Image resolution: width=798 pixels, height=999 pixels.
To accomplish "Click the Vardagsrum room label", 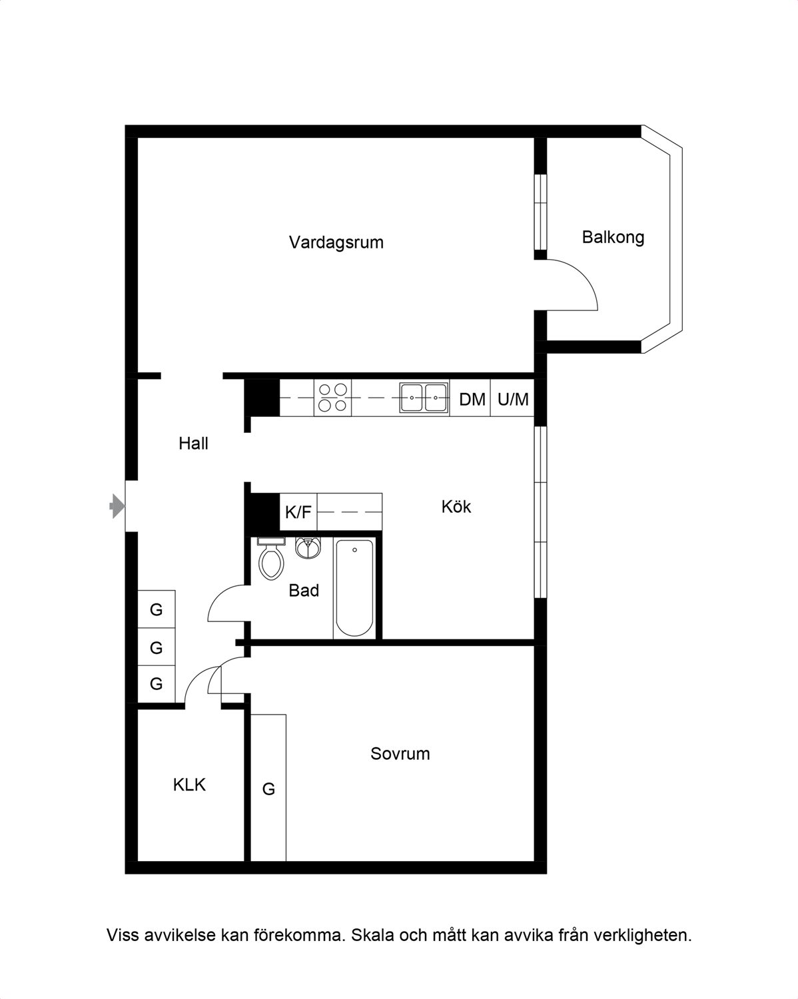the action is coord(336,242).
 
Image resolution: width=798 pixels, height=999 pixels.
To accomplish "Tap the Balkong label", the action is coord(613,237).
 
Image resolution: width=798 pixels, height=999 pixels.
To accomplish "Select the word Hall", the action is coord(193,444).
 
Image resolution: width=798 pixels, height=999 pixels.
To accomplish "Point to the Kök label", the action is coord(456,506).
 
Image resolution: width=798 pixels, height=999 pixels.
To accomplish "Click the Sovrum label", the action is coord(400,753).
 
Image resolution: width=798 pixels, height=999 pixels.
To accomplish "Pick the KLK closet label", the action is coord(189,785).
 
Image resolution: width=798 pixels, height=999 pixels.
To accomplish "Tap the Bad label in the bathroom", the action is coord(304,590).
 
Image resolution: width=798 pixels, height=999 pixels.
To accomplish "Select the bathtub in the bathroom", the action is coord(354,588).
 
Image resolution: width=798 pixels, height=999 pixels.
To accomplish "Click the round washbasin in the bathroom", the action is coord(308,547).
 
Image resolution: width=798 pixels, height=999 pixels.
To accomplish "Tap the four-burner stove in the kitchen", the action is coord(332,398).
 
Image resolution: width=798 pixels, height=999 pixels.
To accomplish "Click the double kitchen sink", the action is coord(424,398).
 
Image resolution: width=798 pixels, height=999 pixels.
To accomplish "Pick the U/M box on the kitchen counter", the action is coord(512,398).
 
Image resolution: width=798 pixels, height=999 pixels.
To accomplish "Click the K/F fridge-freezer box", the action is coord(298,511).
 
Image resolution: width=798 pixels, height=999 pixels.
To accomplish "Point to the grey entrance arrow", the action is coord(117,506).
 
